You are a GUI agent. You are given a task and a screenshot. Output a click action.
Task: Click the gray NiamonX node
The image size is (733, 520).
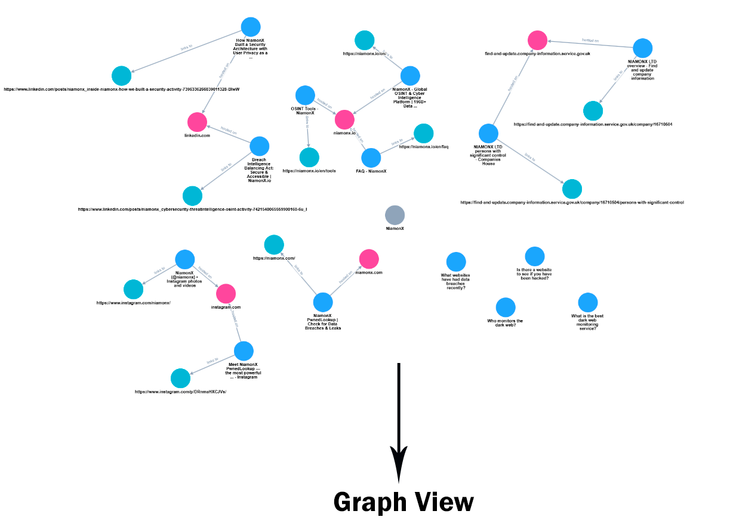pos(395,215)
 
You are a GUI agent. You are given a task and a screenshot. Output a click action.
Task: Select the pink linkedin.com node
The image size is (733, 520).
pos(197,122)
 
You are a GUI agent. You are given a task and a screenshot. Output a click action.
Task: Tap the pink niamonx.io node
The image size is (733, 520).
pos(344,119)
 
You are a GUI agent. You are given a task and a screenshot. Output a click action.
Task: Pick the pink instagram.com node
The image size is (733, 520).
pos(226,293)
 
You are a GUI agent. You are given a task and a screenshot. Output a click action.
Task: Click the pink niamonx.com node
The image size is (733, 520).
pos(369,259)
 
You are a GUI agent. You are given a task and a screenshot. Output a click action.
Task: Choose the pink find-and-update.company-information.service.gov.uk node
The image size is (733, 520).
pos(537,40)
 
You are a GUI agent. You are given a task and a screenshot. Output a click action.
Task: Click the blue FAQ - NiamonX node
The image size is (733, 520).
pos(371,158)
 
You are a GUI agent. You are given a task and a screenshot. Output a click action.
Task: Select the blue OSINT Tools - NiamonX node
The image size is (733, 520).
pos(305,95)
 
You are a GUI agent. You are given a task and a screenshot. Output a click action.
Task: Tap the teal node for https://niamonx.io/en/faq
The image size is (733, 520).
pos(423,133)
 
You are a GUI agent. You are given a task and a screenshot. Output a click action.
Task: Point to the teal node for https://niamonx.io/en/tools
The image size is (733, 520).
pos(309,157)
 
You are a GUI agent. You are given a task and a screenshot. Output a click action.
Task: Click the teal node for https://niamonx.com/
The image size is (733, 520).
pos(274,245)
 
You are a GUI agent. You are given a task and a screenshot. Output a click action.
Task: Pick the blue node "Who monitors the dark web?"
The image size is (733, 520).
pos(505,307)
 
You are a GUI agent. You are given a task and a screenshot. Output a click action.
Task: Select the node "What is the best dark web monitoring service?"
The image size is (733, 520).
pos(587,302)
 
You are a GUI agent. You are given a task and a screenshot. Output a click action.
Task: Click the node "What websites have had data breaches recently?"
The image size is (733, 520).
pos(456,261)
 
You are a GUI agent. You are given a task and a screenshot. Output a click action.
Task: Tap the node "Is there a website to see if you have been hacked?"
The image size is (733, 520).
pos(534,256)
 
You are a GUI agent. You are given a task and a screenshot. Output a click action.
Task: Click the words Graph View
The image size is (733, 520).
pos(404,501)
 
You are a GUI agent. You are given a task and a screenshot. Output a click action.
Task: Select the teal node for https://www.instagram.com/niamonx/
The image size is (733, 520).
pos(133,290)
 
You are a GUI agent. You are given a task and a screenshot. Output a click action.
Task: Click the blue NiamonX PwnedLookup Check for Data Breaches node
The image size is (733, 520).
pos(323,302)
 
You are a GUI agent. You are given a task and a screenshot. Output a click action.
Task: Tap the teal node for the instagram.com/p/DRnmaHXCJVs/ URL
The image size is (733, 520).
pos(180,379)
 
